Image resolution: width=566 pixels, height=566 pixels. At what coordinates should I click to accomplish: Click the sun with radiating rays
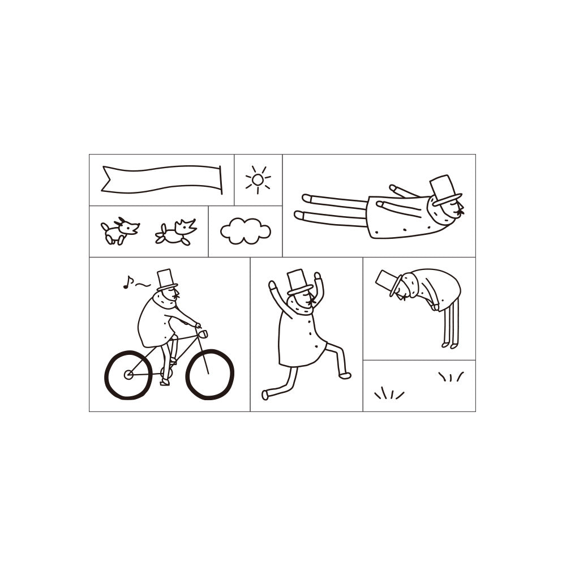pyautogui.click(x=258, y=180)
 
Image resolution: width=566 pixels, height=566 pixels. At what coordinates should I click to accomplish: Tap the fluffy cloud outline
pyautogui.click(x=245, y=231)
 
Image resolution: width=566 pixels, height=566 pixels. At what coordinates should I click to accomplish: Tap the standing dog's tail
pyautogui.click(x=104, y=227)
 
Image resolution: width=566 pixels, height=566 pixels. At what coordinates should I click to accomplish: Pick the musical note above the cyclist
pyautogui.click(x=127, y=282)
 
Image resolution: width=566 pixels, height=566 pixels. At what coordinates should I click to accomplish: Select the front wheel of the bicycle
pyautogui.click(x=209, y=374)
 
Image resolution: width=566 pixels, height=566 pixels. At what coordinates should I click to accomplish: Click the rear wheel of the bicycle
pyautogui.click(x=128, y=375)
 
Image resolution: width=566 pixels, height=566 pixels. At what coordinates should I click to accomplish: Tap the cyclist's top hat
pyautogui.click(x=166, y=280)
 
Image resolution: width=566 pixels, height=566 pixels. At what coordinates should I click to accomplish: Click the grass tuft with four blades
pyautogui.click(x=389, y=393)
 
